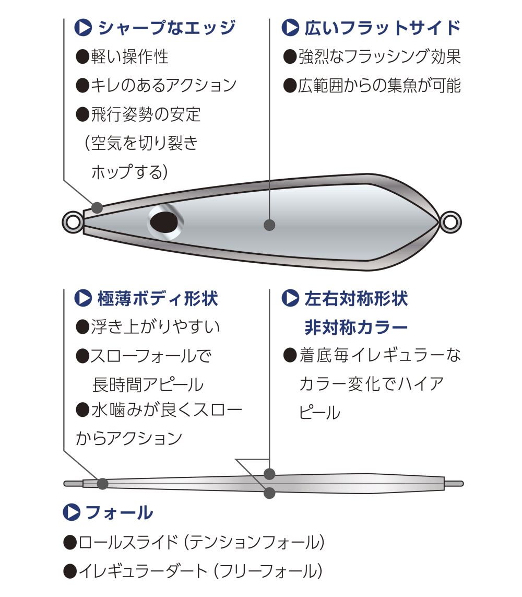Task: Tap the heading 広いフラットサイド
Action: (x=382, y=28)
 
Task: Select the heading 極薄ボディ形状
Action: (x=158, y=299)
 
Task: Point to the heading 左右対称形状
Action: (x=355, y=299)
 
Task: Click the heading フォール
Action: (x=119, y=512)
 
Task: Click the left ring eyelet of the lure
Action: (x=73, y=223)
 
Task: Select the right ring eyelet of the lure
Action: (x=450, y=222)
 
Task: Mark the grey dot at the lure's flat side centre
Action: (x=269, y=225)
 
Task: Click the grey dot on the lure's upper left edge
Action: (x=97, y=207)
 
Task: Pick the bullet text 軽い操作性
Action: (x=129, y=56)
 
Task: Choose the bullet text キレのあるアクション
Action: (x=163, y=85)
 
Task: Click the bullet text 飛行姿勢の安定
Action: (x=146, y=114)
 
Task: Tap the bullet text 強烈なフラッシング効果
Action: (x=379, y=56)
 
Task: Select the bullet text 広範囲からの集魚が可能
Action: (x=379, y=85)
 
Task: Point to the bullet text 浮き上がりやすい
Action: (x=155, y=327)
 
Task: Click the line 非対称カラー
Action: (x=355, y=327)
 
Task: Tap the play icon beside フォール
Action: (x=71, y=512)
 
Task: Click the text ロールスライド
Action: (x=128, y=542)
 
